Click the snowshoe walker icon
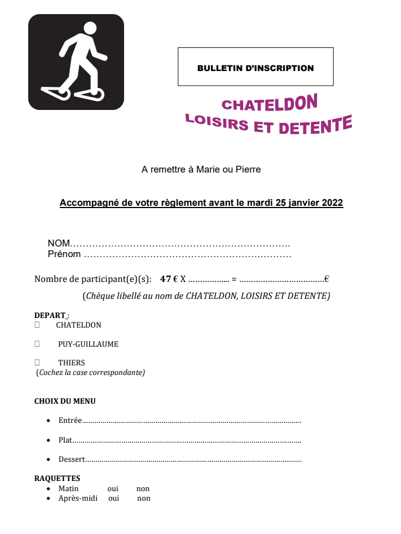pyautogui.click(x=76, y=62)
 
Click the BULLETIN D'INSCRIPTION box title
pyautogui.click(x=255, y=68)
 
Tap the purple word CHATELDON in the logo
pyautogui.click(x=269, y=103)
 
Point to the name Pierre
pyautogui.click(x=248, y=169)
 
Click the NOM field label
pyautogui.click(x=59, y=243)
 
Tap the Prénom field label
pyautogui.click(x=64, y=254)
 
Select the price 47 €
pyautogui.click(x=169, y=279)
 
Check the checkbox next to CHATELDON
pyautogui.click(x=37, y=325)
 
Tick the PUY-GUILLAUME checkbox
pyautogui.click(x=37, y=344)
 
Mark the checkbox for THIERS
pyautogui.click(x=37, y=363)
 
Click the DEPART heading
pyautogui.click(x=50, y=315)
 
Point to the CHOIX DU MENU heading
pyautogui.click(x=65, y=401)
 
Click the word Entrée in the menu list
pyautogui.click(x=70, y=421)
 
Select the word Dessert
pyautogui.click(x=72, y=459)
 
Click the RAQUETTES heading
pyautogui.click(x=57, y=479)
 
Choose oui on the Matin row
pyautogui.click(x=113, y=489)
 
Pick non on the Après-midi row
pyautogui.click(x=144, y=498)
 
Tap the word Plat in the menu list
pyautogui.click(x=65, y=440)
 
